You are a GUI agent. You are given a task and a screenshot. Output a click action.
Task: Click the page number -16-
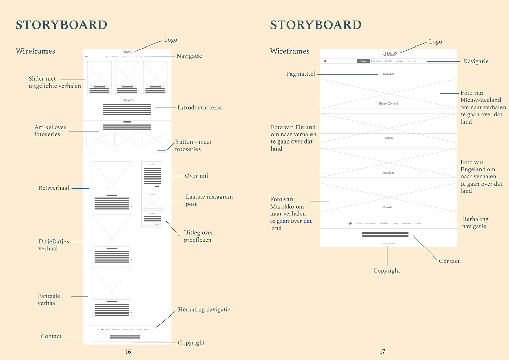coord(128,352)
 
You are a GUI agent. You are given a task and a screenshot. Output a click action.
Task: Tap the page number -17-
coord(382,352)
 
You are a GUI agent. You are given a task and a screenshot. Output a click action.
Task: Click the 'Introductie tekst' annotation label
coord(200,108)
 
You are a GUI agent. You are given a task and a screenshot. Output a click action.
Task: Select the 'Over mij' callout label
coord(196,176)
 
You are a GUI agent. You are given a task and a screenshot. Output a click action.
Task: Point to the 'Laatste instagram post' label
coord(209,200)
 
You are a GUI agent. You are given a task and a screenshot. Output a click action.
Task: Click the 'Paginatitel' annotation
coord(300,74)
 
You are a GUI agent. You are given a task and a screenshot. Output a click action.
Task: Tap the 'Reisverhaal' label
coord(54,188)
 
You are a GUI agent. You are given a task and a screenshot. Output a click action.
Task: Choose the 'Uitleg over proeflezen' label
coord(199,236)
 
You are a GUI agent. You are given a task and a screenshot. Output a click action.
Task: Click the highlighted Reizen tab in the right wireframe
coord(364,61)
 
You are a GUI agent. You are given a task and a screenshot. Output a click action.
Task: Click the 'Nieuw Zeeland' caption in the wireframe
coord(388,103)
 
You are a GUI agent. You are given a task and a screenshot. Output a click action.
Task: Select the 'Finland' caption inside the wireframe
coord(388,138)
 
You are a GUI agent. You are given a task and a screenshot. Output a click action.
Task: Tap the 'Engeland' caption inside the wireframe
coord(388,173)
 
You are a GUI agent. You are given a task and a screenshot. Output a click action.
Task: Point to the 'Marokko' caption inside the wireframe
coord(388,207)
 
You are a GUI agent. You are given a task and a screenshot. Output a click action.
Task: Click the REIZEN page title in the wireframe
coord(388,74)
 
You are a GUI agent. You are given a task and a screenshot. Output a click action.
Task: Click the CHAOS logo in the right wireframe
coord(389,54)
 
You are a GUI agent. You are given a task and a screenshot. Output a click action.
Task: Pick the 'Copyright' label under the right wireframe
coord(387,271)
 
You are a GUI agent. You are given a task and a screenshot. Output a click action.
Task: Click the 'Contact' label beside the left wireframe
coord(51,336)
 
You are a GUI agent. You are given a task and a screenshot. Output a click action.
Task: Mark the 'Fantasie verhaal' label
coord(49,300)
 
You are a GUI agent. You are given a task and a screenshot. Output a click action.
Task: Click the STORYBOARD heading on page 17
coord(316,25)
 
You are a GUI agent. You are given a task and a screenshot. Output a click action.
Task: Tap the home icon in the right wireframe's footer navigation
coord(350,223)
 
